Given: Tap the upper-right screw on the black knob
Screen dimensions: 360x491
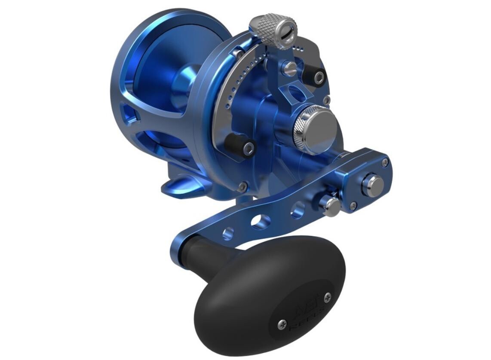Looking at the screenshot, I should [x=328, y=296].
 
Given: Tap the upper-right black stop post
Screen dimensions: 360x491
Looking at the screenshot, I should [x=318, y=77].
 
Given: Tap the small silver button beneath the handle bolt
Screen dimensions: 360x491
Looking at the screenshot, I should [x=331, y=204].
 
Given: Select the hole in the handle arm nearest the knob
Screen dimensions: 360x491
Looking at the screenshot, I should [x=228, y=234].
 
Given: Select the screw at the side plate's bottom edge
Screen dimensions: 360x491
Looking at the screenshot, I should [x=243, y=186].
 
